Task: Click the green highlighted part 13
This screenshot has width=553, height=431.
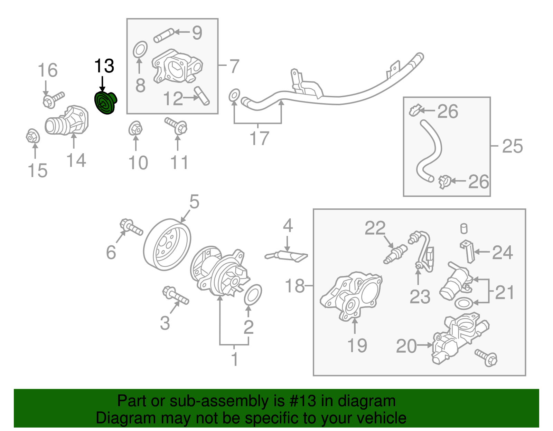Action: click(x=105, y=103)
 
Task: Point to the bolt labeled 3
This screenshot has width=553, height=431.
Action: click(x=175, y=296)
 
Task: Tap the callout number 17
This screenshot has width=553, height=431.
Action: click(x=259, y=138)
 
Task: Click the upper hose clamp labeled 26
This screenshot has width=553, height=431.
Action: click(x=415, y=110)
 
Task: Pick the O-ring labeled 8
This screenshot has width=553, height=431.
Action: click(x=140, y=50)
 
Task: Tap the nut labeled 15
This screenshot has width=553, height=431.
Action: click(x=33, y=136)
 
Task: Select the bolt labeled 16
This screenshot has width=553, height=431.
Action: click(x=54, y=99)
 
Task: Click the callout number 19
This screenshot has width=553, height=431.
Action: click(x=357, y=345)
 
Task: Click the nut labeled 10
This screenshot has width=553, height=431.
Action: click(x=135, y=129)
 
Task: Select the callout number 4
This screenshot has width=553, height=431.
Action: click(x=288, y=226)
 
